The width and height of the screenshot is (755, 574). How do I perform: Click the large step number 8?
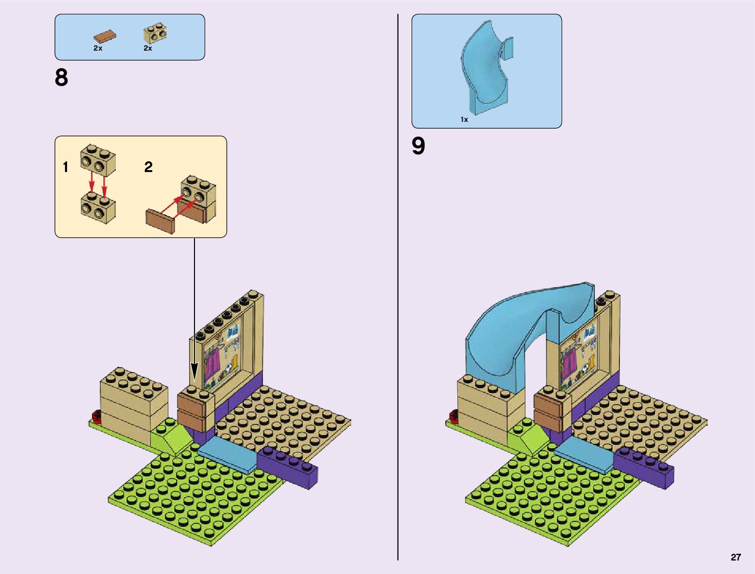(61, 78)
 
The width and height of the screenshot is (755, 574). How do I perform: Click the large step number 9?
(418, 146)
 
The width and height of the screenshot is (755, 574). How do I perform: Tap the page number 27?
(735, 557)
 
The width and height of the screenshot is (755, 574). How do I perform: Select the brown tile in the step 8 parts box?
(105, 37)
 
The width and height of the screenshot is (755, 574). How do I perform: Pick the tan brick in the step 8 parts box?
(155, 33)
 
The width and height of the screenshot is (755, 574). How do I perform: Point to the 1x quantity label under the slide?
(464, 120)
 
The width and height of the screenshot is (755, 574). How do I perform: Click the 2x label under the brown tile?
(98, 48)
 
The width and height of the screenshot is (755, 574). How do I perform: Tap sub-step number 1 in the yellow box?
(66, 167)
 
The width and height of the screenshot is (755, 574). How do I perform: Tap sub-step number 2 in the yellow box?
(149, 167)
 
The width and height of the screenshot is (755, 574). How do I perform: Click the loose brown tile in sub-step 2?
(160, 221)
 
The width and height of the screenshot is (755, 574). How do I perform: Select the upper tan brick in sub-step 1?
(98, 160)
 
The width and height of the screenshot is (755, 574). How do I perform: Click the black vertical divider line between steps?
(398, 289)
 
